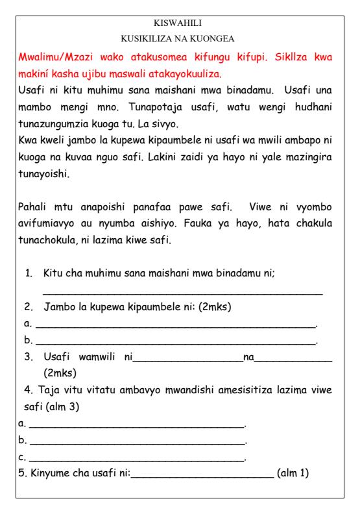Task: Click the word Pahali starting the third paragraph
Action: click(36, 206)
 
